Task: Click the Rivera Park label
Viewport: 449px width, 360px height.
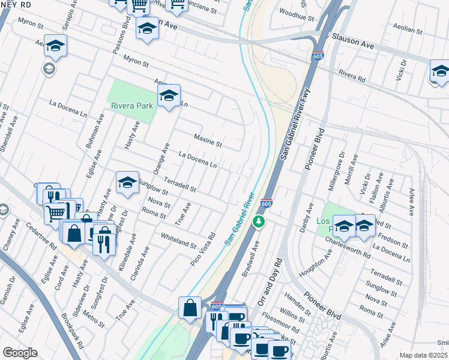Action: click(132, 106)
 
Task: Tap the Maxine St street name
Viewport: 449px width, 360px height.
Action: click(209, 141)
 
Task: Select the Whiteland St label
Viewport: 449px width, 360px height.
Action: click(178, 241)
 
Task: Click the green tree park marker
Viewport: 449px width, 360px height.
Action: click(259, 222)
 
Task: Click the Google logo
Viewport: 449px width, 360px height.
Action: click(20, 353)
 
